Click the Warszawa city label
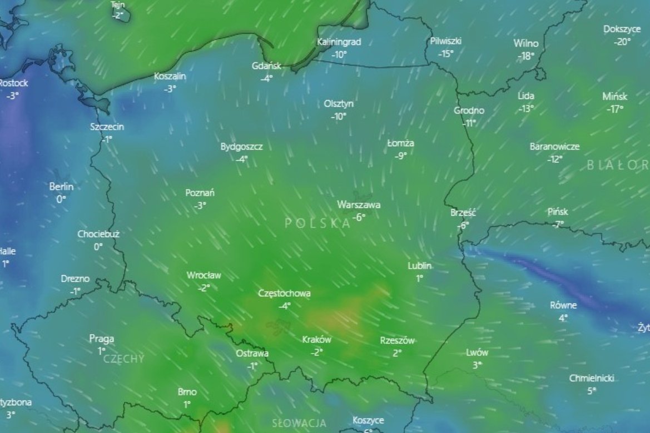tap(359, 205)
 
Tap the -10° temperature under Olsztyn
tap(339, 117)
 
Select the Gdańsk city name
tap(266, 66)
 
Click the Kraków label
tap(316, 340)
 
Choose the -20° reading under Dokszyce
tap(622, 42)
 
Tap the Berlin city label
tap(61, 187)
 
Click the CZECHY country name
tap(123, 359)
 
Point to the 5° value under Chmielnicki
tap(591, 391)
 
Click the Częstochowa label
tap(285, 293)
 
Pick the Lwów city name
tap(477, 352)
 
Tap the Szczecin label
tap(107, 127)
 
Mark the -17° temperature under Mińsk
tap(614, 110)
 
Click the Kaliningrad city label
tap(339, 42)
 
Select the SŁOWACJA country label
tap(299, 423)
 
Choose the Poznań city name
tap(200, 193)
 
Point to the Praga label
tap(102, 339)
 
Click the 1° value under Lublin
tap(419, 278)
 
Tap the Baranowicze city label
tap(554, 147)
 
